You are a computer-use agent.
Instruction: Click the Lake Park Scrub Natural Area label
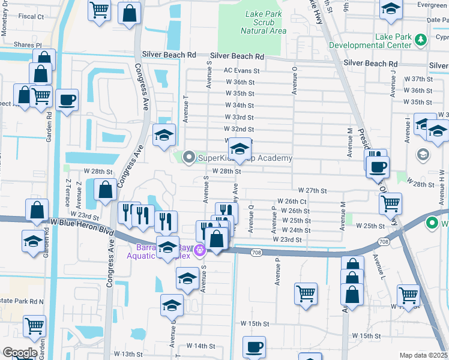(x=264, y=22)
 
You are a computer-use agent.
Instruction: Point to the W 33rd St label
(x=239, y=118)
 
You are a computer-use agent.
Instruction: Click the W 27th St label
(x=312, y=190)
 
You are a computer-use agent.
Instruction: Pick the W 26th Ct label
(x=292, y=202)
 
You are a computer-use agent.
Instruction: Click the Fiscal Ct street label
(x=31, y=16)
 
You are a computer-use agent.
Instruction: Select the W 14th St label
(x=200, y=346)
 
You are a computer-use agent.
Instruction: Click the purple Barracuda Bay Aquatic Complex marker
(x=200, y=250)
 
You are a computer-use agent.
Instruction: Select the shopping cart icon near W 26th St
(x=390, y=204)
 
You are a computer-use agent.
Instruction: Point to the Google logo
(x=19, y=353)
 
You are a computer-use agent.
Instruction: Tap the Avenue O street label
(x=295, y=80)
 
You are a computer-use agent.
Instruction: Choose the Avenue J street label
(x=393, y=83)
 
